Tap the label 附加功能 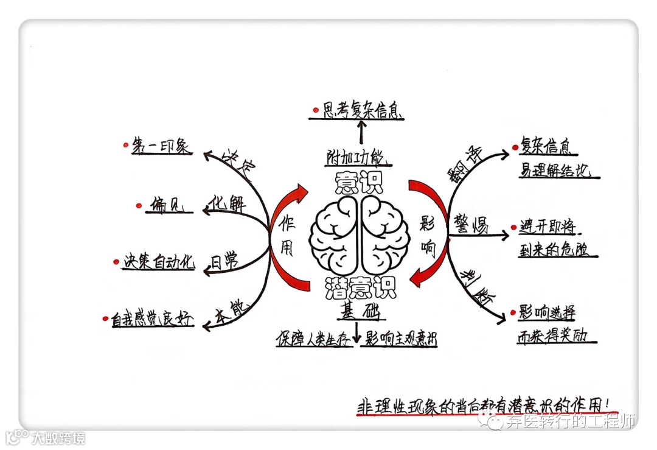click(x=356, y=158)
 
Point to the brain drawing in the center click(x=359, y=235)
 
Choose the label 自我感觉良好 click(x=152, y=318)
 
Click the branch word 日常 click(x=224, y=262)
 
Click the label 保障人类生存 click(x=313, y=339)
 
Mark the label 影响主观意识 click(x=400, y=339)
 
